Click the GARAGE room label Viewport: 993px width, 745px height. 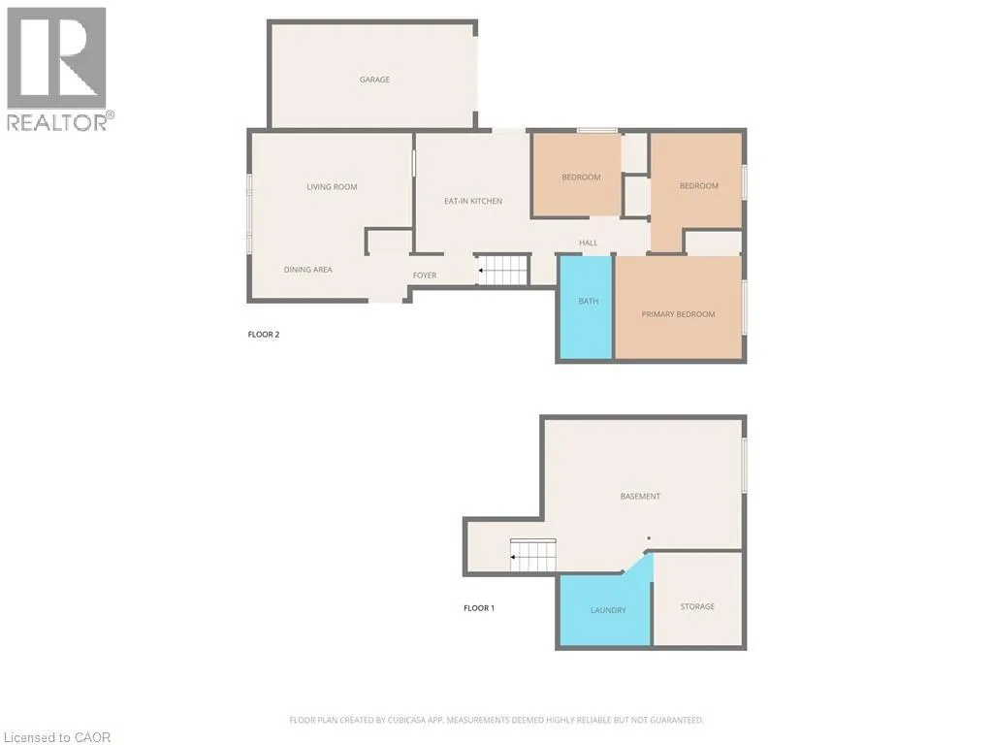(x=374, y=80)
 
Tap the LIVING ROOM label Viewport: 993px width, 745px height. (x=332, y=186)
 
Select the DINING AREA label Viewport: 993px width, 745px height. (x=307, y=270)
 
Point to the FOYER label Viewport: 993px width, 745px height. (x=425, y=275)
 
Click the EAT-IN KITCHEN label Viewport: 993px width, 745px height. (x=473, y=201)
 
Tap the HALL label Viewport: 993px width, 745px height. (x=589, y=243)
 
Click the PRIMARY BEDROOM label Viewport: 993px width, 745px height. (x=678, y=314)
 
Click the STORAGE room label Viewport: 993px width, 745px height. (x=697, y=606)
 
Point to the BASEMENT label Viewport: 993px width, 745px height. (x=640, y=497)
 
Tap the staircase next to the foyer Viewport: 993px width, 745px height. (x=503, y=270)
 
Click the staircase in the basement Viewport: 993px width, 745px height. (x=534, y=556)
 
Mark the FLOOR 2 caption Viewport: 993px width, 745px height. (x=264, y=335)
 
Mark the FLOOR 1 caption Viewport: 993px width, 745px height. (x=479, y=608)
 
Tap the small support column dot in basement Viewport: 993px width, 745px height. (x=649, y=538)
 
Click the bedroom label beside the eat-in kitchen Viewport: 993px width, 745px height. (x=581, y=178)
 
